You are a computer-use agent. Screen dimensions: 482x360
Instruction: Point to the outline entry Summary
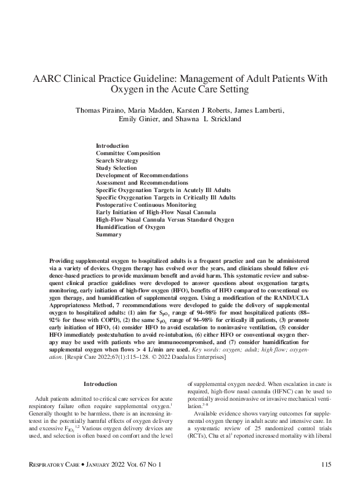108,235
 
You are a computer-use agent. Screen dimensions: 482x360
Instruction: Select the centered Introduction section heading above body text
100,384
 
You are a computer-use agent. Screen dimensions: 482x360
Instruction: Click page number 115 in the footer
326,462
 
